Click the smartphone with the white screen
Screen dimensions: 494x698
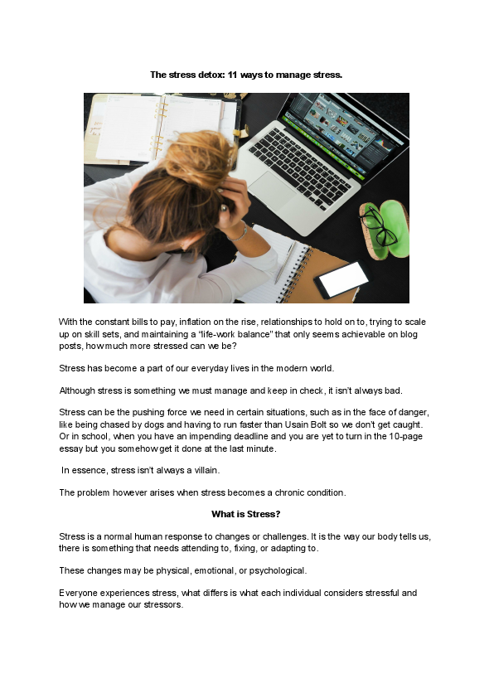point(341,279)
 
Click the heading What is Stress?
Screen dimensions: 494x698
point(246,514)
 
